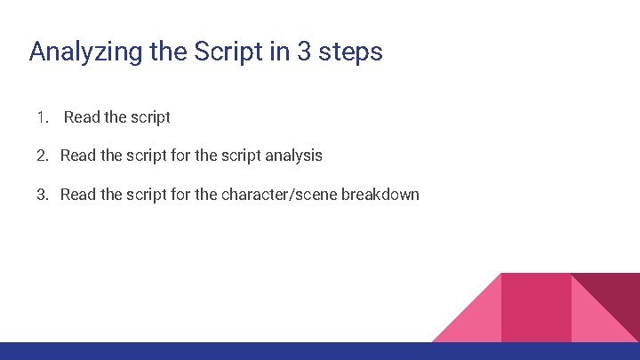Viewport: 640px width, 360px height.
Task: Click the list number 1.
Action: (x=42, y=117)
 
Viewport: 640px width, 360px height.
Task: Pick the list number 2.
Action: (x=42, y=156)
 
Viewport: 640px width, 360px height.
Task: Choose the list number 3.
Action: (x=42, y=194)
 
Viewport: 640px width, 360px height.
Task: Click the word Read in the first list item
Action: (x=83, y=117)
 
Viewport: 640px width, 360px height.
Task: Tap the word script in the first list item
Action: (x=149, y=117)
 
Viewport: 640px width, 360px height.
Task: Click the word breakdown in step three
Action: (x=380, y=194)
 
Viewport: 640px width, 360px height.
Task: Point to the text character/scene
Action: (x=279, y=194)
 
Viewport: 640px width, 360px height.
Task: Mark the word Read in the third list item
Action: (x=78, y=194)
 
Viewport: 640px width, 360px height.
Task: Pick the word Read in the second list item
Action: (x=78, y=156)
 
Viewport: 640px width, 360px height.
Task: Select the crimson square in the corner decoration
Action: (x=536, y=308)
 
